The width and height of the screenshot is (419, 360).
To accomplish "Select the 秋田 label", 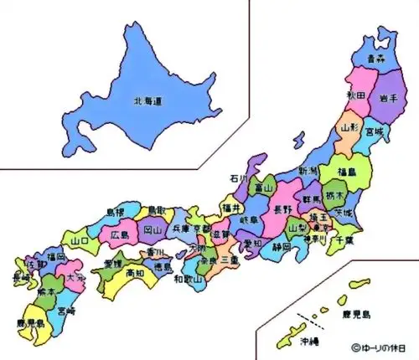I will (x=356, y=95).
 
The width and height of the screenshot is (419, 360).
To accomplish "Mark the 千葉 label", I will (x=342, y=240).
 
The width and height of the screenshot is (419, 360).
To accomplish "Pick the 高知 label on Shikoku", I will (x=135, y=273).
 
